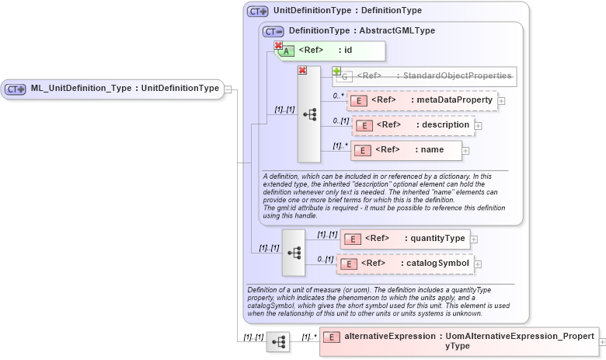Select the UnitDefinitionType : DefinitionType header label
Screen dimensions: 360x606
point(347,11)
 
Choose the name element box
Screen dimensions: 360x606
point(406,150)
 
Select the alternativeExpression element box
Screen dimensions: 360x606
point(458,341)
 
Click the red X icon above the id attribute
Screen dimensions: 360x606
point(278,46)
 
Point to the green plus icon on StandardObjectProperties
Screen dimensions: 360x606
point(337,71)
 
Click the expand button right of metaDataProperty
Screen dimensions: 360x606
point(502,101)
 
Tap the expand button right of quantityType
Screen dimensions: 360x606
point(474,239)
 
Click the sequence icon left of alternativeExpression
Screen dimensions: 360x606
point(278,341)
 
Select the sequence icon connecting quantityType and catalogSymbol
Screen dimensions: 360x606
point(294,253)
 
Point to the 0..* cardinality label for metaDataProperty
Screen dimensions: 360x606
point(338,96)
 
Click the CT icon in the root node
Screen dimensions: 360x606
point(16,89)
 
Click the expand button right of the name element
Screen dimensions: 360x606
point(466,151)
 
